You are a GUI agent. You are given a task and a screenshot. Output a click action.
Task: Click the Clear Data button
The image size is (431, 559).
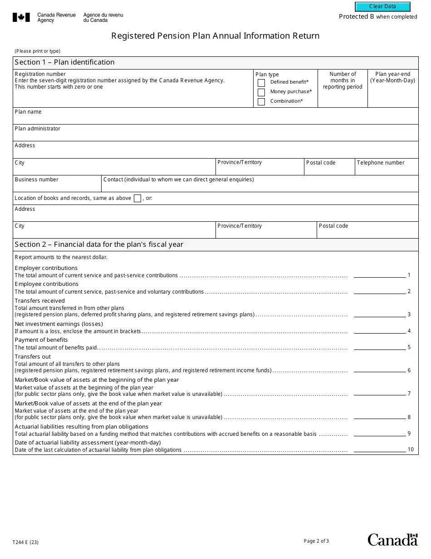coord(382,7)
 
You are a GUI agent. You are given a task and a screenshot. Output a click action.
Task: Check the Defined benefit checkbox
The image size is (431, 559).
coord(261,83)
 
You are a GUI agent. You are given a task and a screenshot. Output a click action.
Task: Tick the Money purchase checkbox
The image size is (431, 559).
coord(261,92)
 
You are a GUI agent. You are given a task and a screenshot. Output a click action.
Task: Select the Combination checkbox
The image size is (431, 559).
coord(261,102)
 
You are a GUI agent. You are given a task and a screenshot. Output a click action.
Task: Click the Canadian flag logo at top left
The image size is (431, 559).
coord(21,18)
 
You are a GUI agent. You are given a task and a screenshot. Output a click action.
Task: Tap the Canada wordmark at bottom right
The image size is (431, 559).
coord(392,540)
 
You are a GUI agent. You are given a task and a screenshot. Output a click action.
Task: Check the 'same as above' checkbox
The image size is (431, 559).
coord(137,198)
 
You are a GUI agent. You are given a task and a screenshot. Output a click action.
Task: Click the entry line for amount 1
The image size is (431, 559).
coord(379,275)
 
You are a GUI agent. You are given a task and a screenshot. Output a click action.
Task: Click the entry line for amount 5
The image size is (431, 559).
coord(379,347)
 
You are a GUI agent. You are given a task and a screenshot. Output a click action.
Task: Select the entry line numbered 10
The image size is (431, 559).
coord(379,449)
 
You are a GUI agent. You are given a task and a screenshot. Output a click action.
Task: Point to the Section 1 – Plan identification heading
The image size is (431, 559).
coord(64,62)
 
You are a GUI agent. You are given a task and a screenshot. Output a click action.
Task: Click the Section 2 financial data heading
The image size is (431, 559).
coord(99,245)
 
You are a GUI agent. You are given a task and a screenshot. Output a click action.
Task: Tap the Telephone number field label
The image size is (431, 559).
coord(380,163)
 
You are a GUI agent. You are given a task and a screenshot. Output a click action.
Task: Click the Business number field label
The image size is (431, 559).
coord(36,180)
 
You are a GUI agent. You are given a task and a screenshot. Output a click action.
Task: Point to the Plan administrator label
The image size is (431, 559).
coord(37,129)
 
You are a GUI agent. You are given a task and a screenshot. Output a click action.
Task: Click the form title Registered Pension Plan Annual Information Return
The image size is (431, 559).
coord(215,36)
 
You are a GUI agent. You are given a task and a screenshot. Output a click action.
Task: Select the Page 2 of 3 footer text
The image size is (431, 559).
coord(316,541)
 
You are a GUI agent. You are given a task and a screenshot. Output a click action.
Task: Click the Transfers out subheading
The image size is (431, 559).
coord(33,357)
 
